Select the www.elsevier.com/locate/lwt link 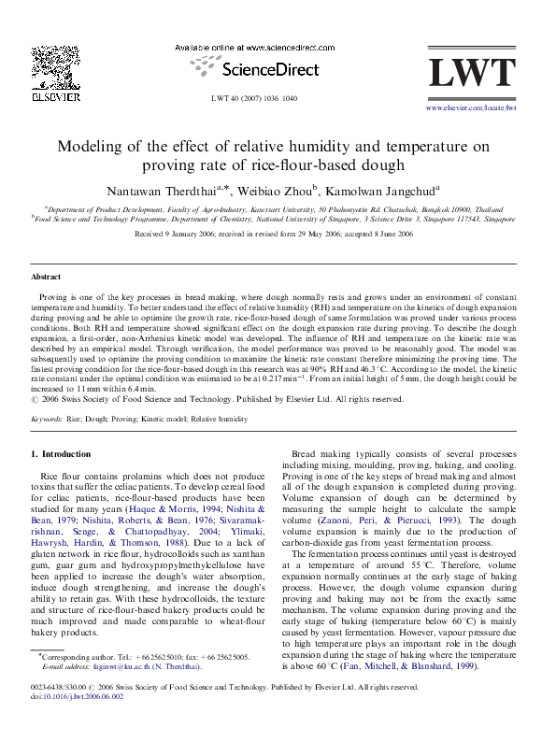click(x=470, y=108)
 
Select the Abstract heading click(x=47, y=278)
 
